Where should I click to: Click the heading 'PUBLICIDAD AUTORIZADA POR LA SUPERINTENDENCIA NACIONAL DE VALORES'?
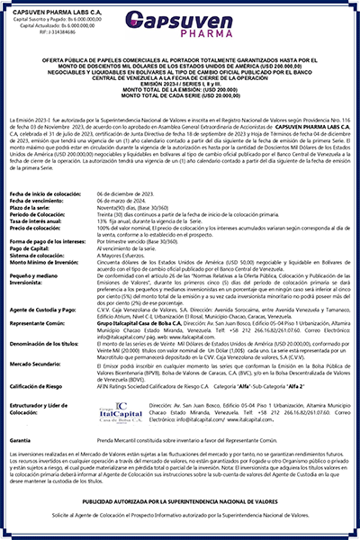pos(180,499)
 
